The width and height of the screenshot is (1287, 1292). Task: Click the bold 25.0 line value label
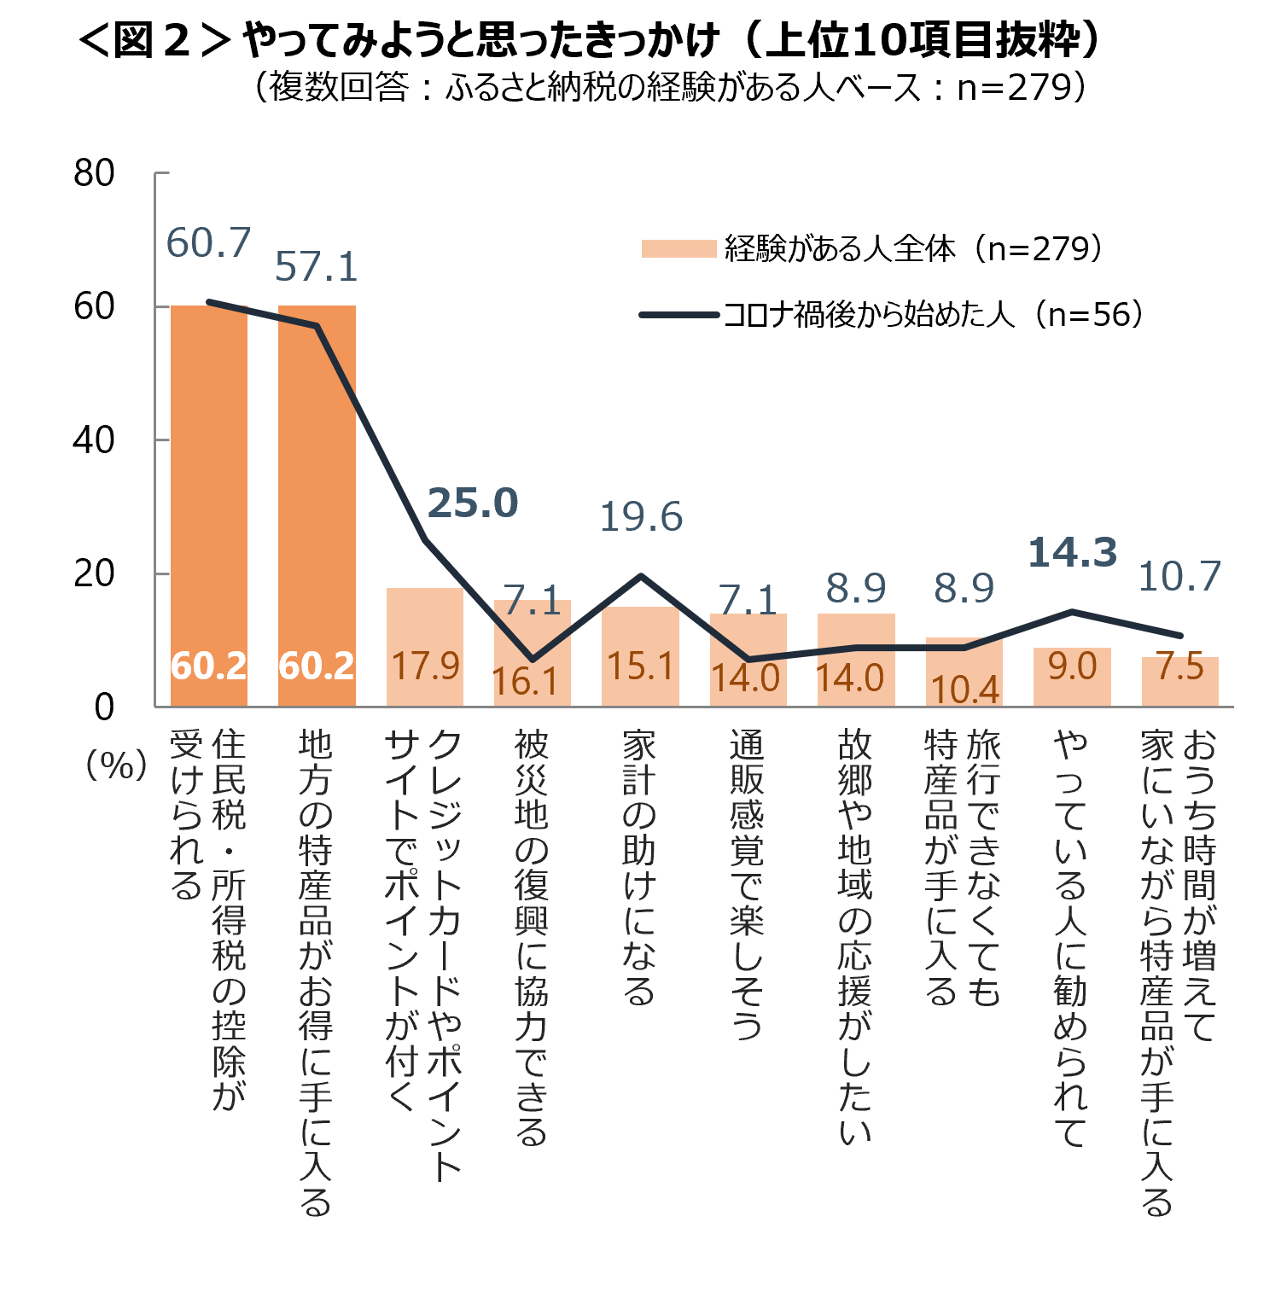[x=472, y=503]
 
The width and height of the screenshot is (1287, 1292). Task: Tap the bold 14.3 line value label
[x=1072, y=553]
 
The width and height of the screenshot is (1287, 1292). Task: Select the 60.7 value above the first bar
[x=208, y=243]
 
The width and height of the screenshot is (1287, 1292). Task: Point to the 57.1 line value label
[x=316, y=267]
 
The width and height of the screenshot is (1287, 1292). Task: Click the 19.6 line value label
[x=641, y=517]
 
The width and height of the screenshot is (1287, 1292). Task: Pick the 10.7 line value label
[x=1179, y=577]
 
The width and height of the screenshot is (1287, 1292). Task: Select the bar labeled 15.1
[x=640, y=656]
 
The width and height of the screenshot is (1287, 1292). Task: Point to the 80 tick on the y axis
[x=94, y=173]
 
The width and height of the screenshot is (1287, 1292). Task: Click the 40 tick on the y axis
[x=94, y=440]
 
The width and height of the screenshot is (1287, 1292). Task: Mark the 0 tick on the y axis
[x=104, y=707]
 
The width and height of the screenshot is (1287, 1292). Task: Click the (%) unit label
[x=115, y=765]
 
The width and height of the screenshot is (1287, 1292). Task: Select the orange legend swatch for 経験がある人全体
[x=678, y=248]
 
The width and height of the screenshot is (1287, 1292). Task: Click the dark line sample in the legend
[x=678, y=315]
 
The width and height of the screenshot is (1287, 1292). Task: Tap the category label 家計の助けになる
[x=639, y=866]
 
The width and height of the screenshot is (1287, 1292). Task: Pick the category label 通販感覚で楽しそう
[x=747, y=883]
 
